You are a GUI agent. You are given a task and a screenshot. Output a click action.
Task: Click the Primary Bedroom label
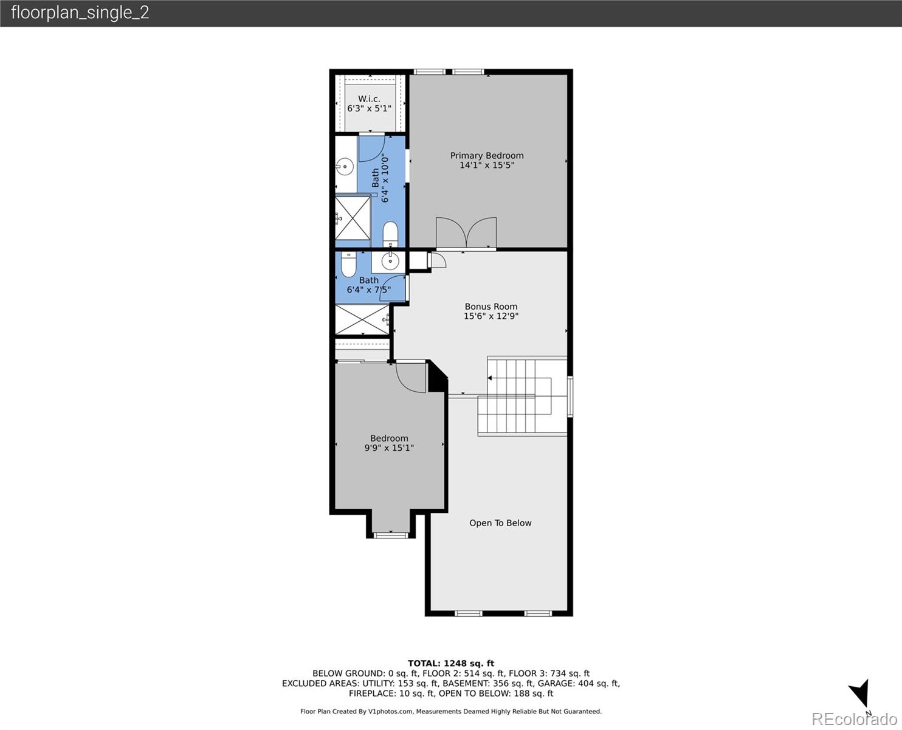click(486, 156)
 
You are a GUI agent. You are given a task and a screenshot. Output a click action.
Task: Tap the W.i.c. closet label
click(369, 99)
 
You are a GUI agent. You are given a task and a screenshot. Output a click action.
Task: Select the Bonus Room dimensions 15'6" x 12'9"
click(491, 316)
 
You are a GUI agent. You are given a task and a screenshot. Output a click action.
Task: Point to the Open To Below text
click(500, 523)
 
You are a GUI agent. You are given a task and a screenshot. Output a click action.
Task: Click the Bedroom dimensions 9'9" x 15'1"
click(389, 448)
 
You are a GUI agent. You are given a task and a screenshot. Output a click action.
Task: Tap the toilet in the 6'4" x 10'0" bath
click(390, 234)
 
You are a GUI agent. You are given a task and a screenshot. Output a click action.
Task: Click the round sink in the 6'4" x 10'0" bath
click(345, 165)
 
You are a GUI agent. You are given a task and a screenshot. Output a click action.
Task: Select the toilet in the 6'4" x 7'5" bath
click(348, 265)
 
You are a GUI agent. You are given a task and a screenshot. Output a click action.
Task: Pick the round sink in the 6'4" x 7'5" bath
click(389, 261)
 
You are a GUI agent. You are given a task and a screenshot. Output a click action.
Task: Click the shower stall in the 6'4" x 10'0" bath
click(353, 218)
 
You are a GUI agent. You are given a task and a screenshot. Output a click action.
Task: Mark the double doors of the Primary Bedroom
click(466, 234)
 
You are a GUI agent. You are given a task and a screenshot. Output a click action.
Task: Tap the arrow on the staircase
click(490, 378)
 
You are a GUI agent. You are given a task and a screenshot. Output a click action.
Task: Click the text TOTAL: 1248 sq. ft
click(450, 664)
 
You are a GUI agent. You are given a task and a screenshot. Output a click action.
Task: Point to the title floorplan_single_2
click(80, 13)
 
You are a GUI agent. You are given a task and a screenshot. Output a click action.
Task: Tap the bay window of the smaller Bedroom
click(390, 535)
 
